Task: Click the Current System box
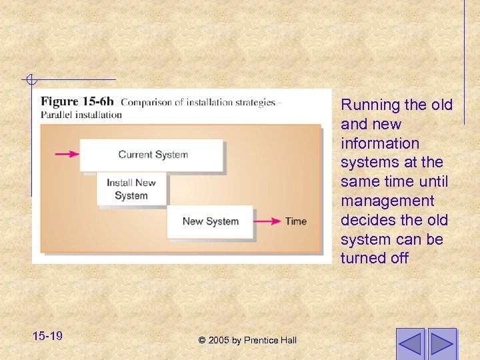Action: [x=152, y=155]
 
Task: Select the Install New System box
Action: [x=131, y=189]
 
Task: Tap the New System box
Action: [x=210, y=221]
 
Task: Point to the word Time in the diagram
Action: [x=296, y=221]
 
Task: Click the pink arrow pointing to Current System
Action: [x=66, y=155]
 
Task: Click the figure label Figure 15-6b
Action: [x=77, y=102]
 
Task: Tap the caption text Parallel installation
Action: [x=81, y=115]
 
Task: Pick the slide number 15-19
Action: [x=47, y=335]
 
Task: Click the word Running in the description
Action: [x=366, y=105]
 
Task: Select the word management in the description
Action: [x=387, y=201]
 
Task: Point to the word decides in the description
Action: [x=365, y=220]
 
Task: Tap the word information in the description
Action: [x=380, y=143]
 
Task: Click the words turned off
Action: [x=374, y=258]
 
